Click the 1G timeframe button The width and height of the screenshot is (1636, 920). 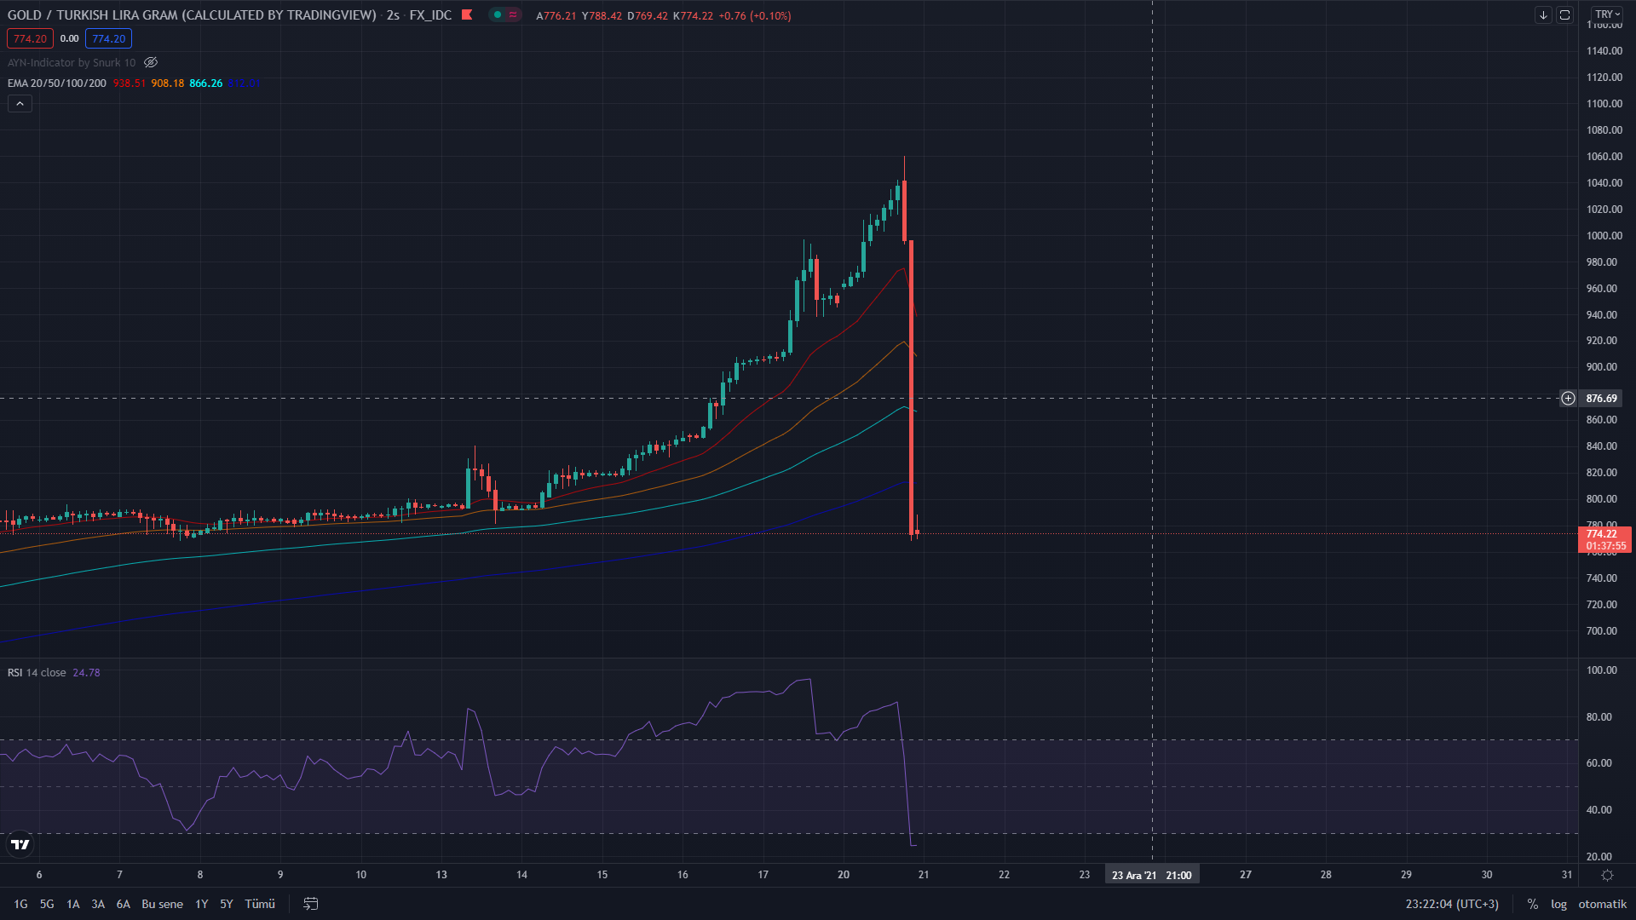[x=20, y=904]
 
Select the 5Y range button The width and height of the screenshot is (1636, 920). [x=226, y=904]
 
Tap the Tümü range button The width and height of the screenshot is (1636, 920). [x=260, y=904]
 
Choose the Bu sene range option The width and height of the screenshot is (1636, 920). [x=162, y=904]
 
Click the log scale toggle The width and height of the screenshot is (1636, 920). [x=1558, y=904]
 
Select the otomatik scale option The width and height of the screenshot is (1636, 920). [x=1602, y=904]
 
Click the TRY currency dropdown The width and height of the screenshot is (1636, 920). [x=1607, y=14]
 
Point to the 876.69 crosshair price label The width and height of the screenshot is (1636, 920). [x=1601, y=399]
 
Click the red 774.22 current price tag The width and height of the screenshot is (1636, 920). [x=1602, y=534]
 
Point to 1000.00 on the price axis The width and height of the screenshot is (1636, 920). [x=1604, y=236]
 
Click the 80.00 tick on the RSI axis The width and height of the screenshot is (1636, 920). [x=1599, y=717]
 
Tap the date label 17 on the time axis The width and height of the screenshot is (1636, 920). [x=763, y=875]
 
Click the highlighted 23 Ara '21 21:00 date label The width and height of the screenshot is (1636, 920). [x=1151, y=875]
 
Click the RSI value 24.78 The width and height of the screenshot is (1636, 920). [x=86, y=673]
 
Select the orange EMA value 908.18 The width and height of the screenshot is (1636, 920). [x=167, y=83]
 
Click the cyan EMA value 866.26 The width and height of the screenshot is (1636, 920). [x=205, y=83]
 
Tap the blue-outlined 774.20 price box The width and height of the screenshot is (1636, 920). [x=108, y=39]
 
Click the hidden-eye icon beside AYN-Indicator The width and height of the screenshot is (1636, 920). [x=151, y=63]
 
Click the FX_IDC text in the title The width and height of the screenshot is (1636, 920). [x=430, y=15]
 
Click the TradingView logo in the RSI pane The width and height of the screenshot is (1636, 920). [x=20, y=845]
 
